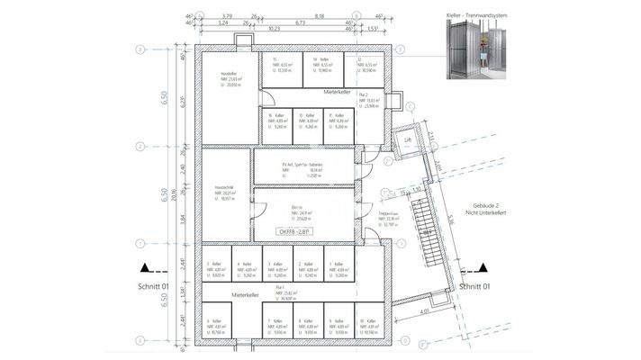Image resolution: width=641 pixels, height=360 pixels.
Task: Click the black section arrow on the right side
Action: (x=484, y=266)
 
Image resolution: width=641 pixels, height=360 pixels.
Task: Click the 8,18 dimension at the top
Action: (x=319, y=15)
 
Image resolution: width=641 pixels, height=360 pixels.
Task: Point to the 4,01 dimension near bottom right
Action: (x=422, y=312)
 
